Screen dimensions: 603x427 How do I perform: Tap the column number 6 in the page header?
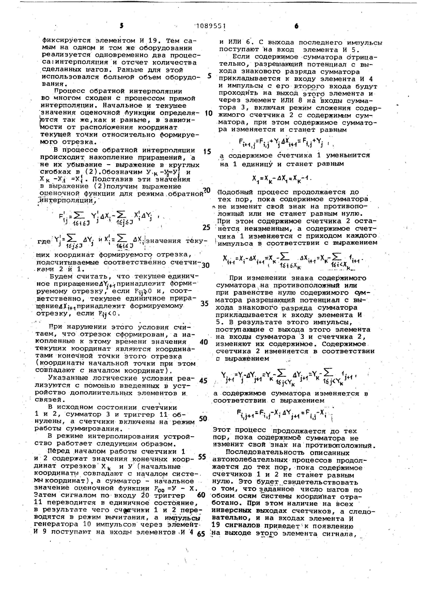point(296,26)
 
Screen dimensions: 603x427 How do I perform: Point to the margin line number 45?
point(203,380)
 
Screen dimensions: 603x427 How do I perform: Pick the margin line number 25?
point(207,227)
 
